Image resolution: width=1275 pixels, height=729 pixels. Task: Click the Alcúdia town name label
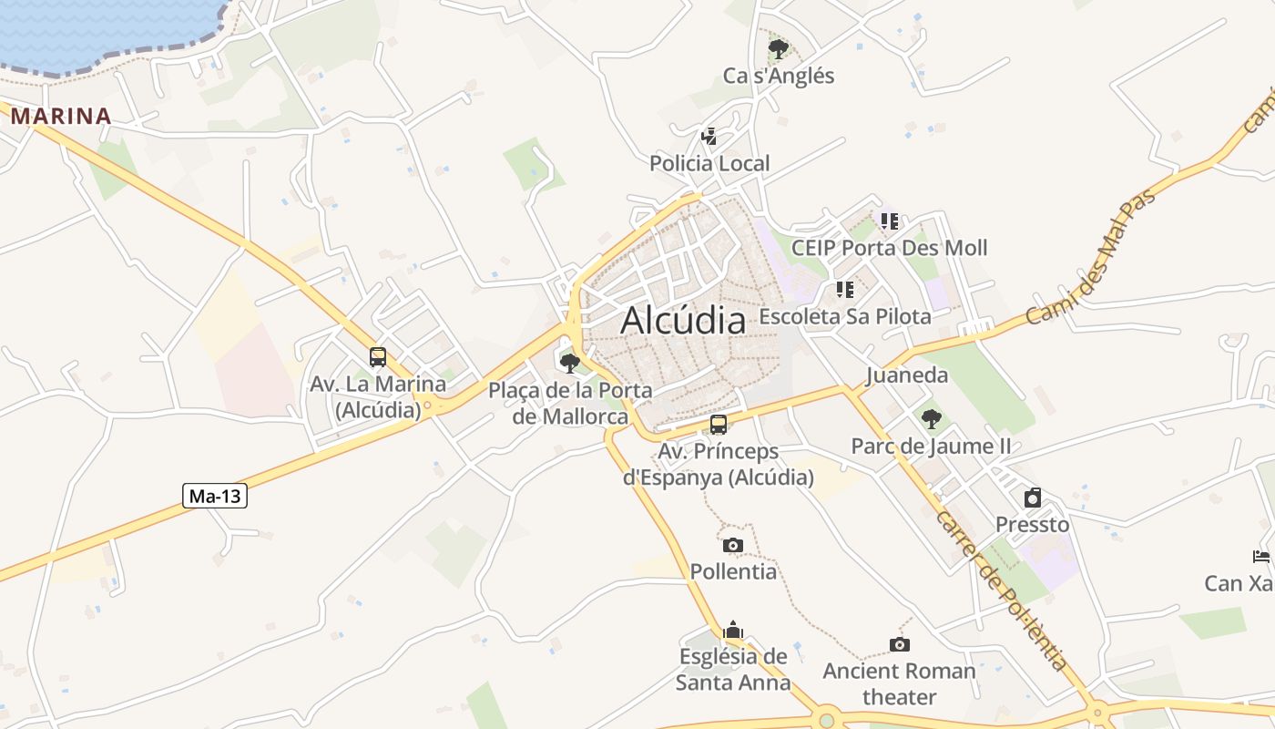point(683,320)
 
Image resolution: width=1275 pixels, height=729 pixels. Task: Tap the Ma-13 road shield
point(215,496)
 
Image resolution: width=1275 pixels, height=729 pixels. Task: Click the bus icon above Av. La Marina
point(378,357)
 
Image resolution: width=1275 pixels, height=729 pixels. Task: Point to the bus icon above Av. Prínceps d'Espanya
point(719,424)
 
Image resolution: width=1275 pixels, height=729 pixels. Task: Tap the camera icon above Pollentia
point(732,545)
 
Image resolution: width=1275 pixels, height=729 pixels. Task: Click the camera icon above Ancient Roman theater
point(899,644)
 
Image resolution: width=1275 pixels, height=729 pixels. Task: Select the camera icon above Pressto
point(1032,498)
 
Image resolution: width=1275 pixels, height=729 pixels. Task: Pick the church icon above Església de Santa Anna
point(733,630)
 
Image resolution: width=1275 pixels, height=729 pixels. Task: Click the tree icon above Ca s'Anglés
point(778,48)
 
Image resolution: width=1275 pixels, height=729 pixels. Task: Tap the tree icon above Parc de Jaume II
point(931,419)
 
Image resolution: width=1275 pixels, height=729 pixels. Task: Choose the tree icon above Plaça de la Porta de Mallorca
point(570,364)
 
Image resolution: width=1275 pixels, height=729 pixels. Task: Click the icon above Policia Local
point(709,137)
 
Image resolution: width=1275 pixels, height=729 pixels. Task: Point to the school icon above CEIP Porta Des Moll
point(890,221)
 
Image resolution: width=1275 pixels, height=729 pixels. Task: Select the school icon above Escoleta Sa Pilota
point(844,290)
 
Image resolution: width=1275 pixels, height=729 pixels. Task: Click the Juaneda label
point(906,375)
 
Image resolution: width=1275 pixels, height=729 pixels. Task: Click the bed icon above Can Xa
point(1261,556)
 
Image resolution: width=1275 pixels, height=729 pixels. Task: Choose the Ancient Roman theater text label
point(899,683)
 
